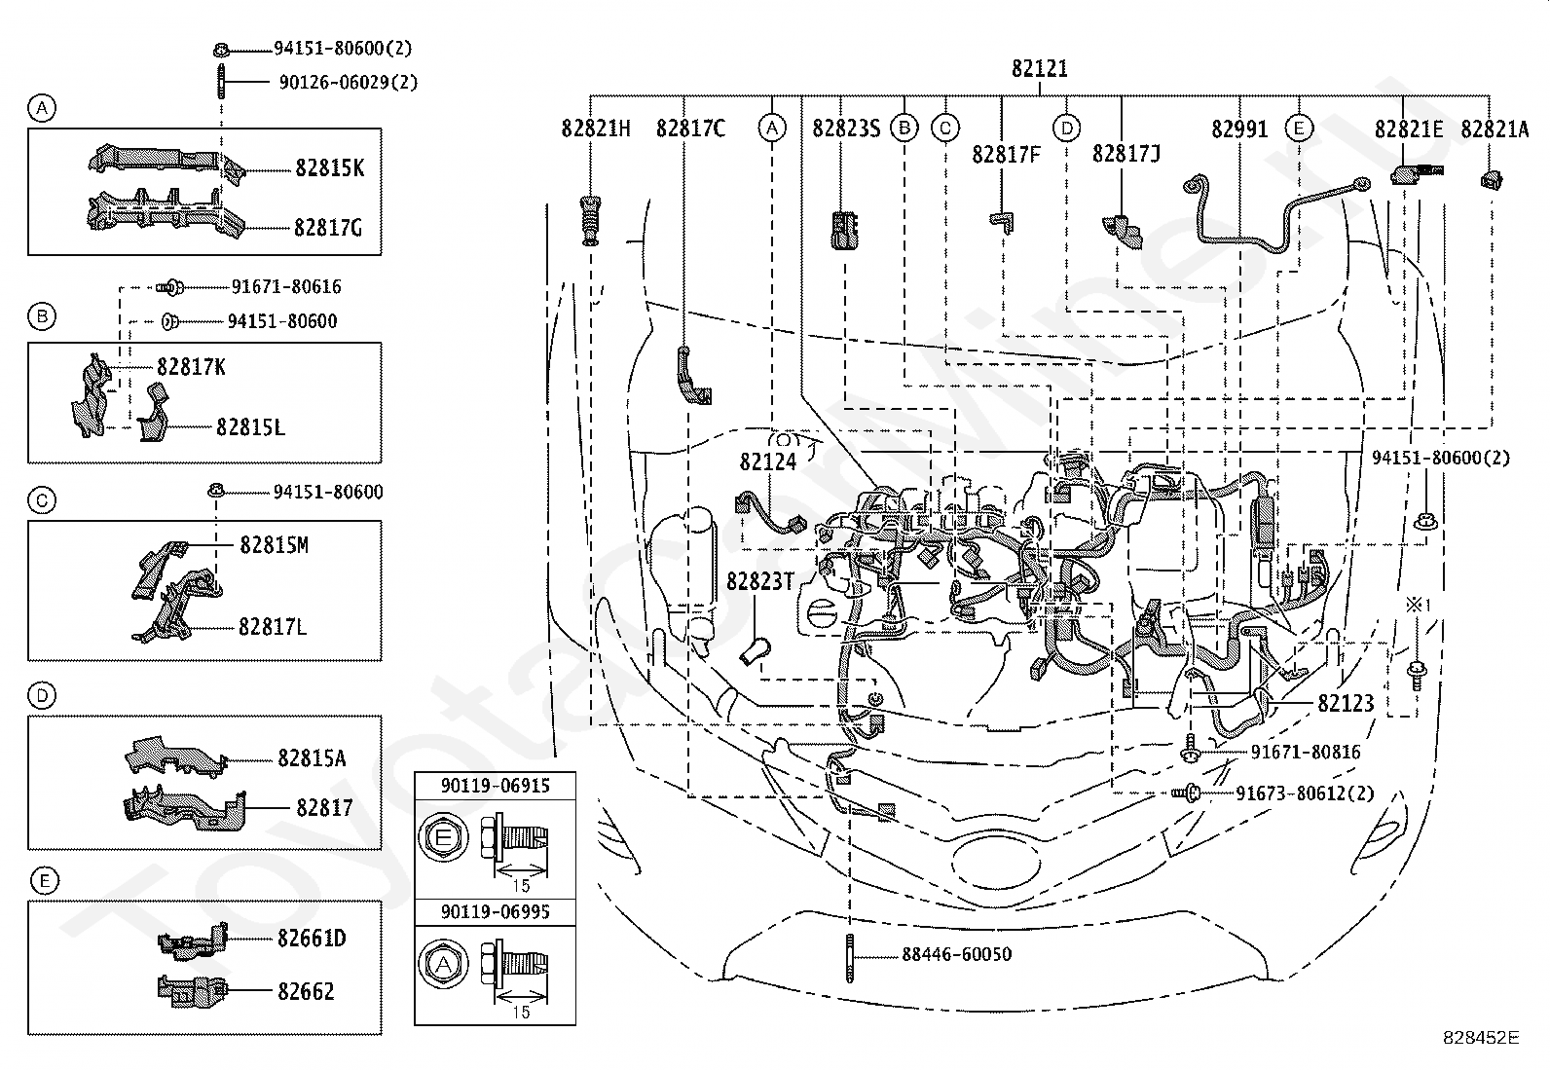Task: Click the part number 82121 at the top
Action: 1039,68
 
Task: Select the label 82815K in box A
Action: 329,168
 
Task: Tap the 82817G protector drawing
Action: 166,211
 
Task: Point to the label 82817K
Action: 191,367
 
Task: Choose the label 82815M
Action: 274,545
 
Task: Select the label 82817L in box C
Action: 273,627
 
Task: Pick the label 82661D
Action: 312,939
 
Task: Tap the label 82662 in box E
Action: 306,992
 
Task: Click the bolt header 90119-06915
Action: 496,786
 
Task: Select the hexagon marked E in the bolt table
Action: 443,838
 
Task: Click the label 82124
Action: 768,462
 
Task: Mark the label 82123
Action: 1346,703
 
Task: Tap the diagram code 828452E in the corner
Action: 1481,1037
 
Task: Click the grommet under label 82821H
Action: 590,221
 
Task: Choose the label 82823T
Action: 759,581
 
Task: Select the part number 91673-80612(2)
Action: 1305,793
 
